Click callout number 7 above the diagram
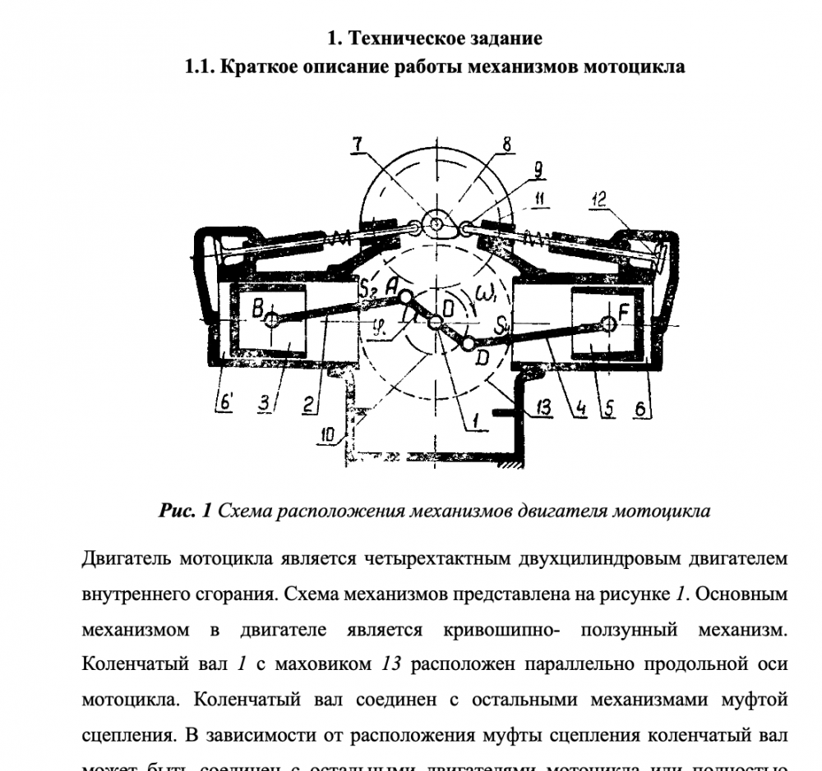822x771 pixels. [x=357, y=145]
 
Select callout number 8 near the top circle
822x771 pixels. [x=506, y=145]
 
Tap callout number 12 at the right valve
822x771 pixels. [x=599, y=199]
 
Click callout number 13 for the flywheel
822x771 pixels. [x=543, y=406]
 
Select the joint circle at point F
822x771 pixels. [x=608, y=324]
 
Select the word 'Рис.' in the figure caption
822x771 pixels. [x=180, y=512]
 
